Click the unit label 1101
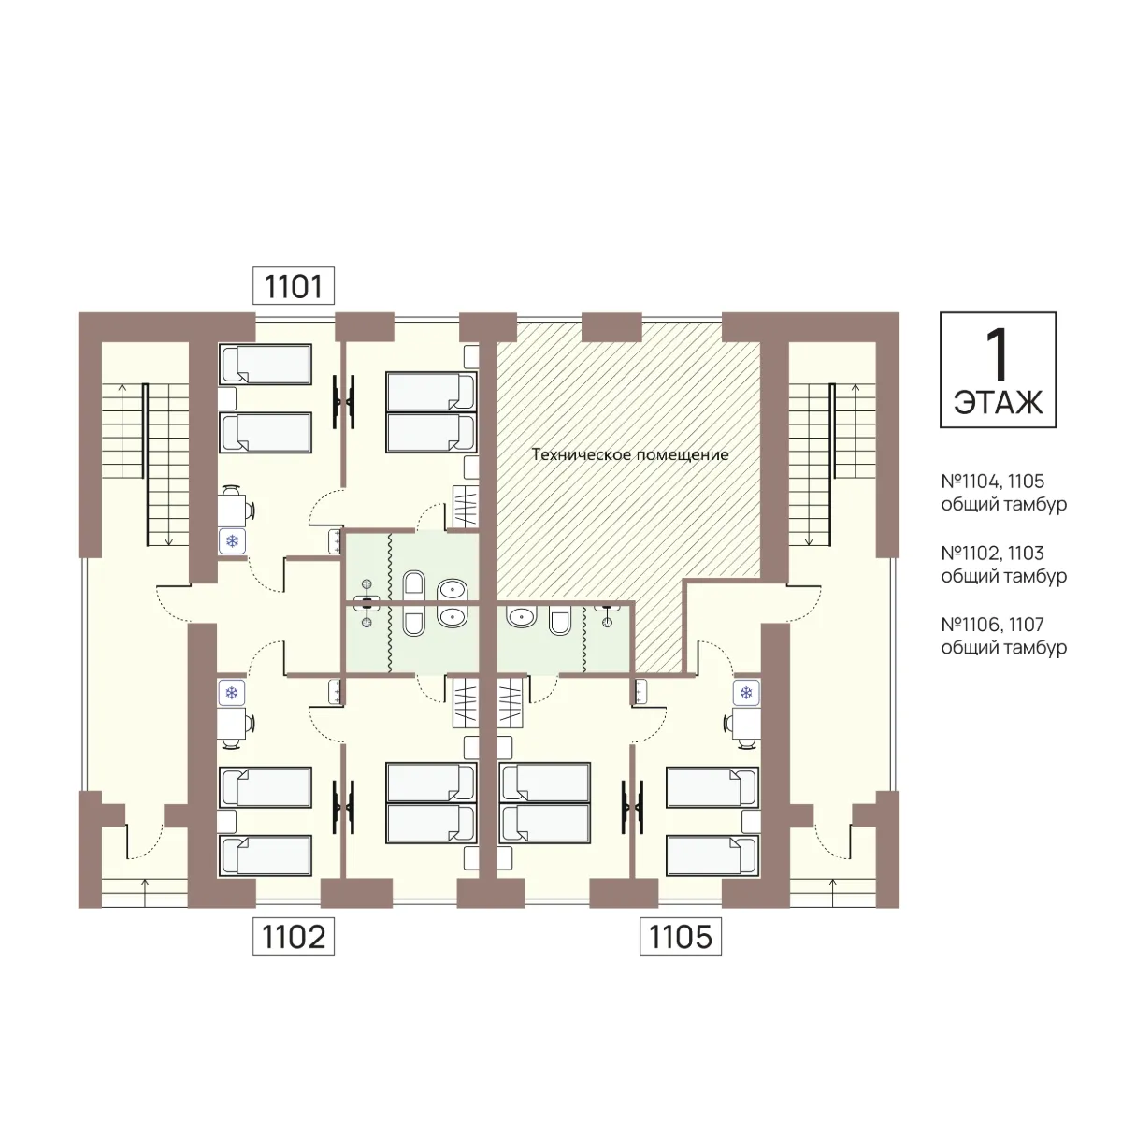(294, 286)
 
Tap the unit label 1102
(294, 936)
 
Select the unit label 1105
(681, 936)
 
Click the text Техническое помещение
(630, 454)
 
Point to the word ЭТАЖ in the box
(998, 402)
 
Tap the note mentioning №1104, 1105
(1004, 493)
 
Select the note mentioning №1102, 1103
(1004, 564)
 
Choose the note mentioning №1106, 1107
(1004, 636)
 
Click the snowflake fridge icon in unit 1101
(232, 541)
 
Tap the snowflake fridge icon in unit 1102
(232, 693)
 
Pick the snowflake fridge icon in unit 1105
(746, 693)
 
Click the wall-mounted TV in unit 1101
(343, 401)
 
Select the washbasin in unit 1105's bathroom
(522, 616)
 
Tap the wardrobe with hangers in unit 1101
(466, 508)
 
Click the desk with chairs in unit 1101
(235, 507)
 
